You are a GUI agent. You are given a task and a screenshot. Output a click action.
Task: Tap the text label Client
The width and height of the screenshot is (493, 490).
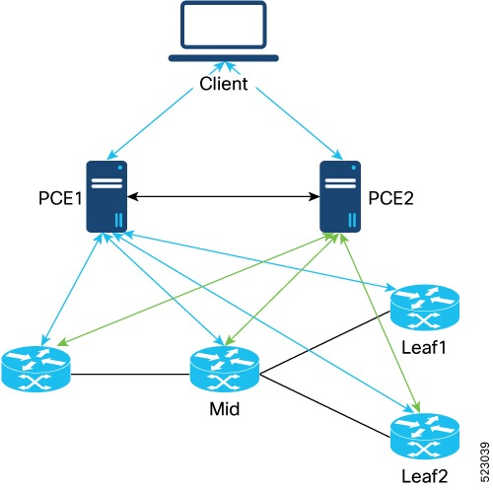point(223,84)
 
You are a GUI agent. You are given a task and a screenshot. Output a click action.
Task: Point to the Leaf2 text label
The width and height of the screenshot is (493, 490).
point(425,477)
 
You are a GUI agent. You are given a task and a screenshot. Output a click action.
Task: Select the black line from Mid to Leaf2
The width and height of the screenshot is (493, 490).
point(325,404)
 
